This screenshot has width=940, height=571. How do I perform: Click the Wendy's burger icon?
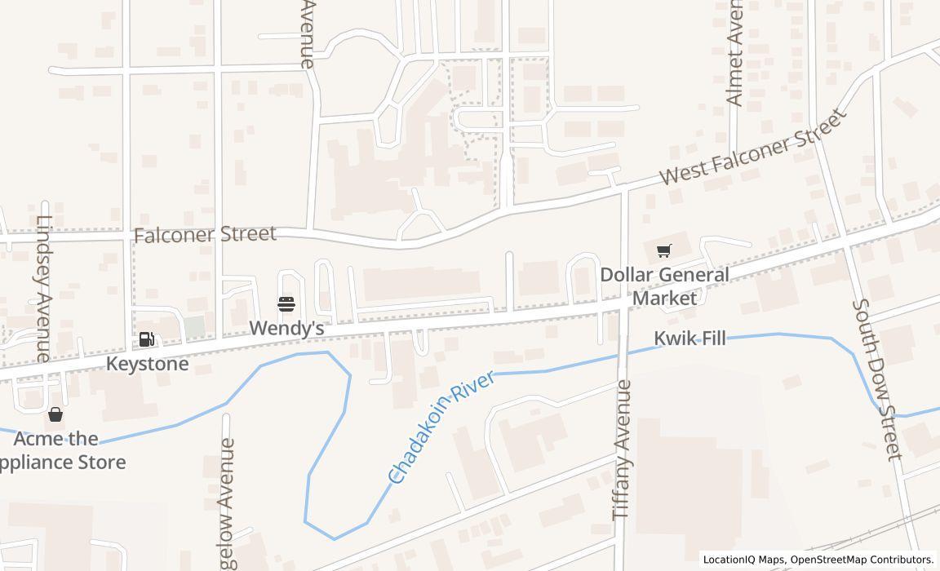click(286, 304)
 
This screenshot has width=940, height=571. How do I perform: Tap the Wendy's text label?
click(286, 328)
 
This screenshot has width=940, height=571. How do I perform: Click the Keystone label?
click(148, 364)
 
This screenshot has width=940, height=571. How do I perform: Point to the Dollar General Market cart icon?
click(664, 250)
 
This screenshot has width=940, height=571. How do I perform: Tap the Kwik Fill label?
click(690, 338)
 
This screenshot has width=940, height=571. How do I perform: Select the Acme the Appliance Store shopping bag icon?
click(55, 414)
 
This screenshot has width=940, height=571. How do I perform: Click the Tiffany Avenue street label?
click(623, 449)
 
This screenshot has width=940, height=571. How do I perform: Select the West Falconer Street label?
click(752, 148)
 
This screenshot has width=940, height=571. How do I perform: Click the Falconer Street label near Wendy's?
click(205, 235)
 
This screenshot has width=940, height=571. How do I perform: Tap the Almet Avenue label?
click(734, 54)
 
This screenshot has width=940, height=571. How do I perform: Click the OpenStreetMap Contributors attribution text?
click(862, 560)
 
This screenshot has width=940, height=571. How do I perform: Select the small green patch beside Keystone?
click(194, 327)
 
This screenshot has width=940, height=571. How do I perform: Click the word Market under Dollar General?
click(664, 298)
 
